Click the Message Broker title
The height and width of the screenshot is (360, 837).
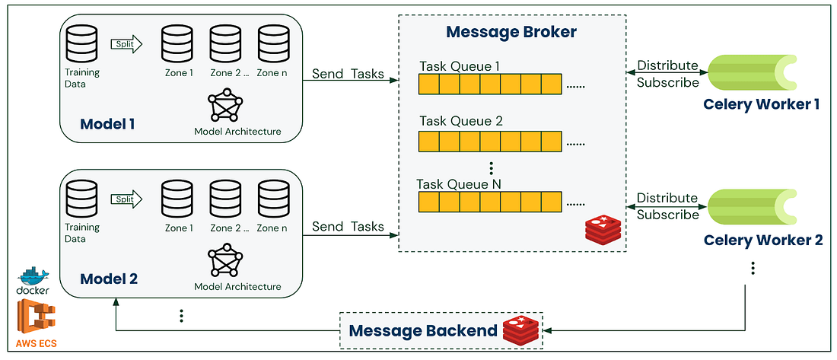tap(511, 33)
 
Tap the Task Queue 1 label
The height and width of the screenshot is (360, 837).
tap(460, 67)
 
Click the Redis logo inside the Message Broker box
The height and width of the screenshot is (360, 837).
tap(603, 228)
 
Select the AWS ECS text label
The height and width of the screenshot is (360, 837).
tap(34, 343)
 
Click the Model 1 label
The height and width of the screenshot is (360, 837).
tap(109, 123)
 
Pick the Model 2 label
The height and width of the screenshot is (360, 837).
tap(109, 278)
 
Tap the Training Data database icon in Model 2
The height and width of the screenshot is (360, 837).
tap(82, 199)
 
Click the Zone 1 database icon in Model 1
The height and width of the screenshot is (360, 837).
tap(177, 43)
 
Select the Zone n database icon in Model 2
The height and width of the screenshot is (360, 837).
tap(272, 199)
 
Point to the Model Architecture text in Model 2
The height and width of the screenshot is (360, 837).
tap(237, 287)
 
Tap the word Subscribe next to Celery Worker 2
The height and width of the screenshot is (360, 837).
tap(667, 215)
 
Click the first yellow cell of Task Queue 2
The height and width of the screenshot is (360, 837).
tap(429, 142)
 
